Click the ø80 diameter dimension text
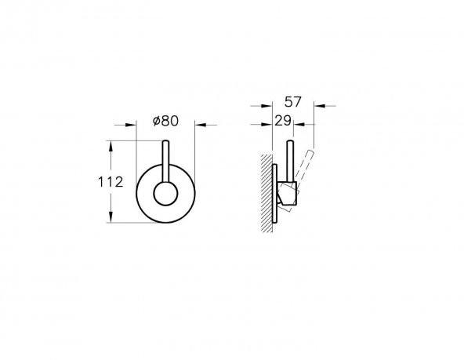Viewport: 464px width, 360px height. tap(165, 121)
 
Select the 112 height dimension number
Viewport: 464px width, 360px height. tap(111, 182)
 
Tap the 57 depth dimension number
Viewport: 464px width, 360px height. tap(292, 102)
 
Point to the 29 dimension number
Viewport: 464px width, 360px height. tap(283, 121)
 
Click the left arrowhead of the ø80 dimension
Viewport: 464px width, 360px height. tap(131, 125)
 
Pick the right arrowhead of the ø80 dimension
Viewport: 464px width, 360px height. tap(201, 125)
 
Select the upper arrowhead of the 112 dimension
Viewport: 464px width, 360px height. tap(111, 146)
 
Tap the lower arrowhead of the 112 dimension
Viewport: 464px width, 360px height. tap(111, 217)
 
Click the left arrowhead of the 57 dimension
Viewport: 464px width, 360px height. tap(266, 105)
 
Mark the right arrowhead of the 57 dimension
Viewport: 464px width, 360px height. tap(320, 105)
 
